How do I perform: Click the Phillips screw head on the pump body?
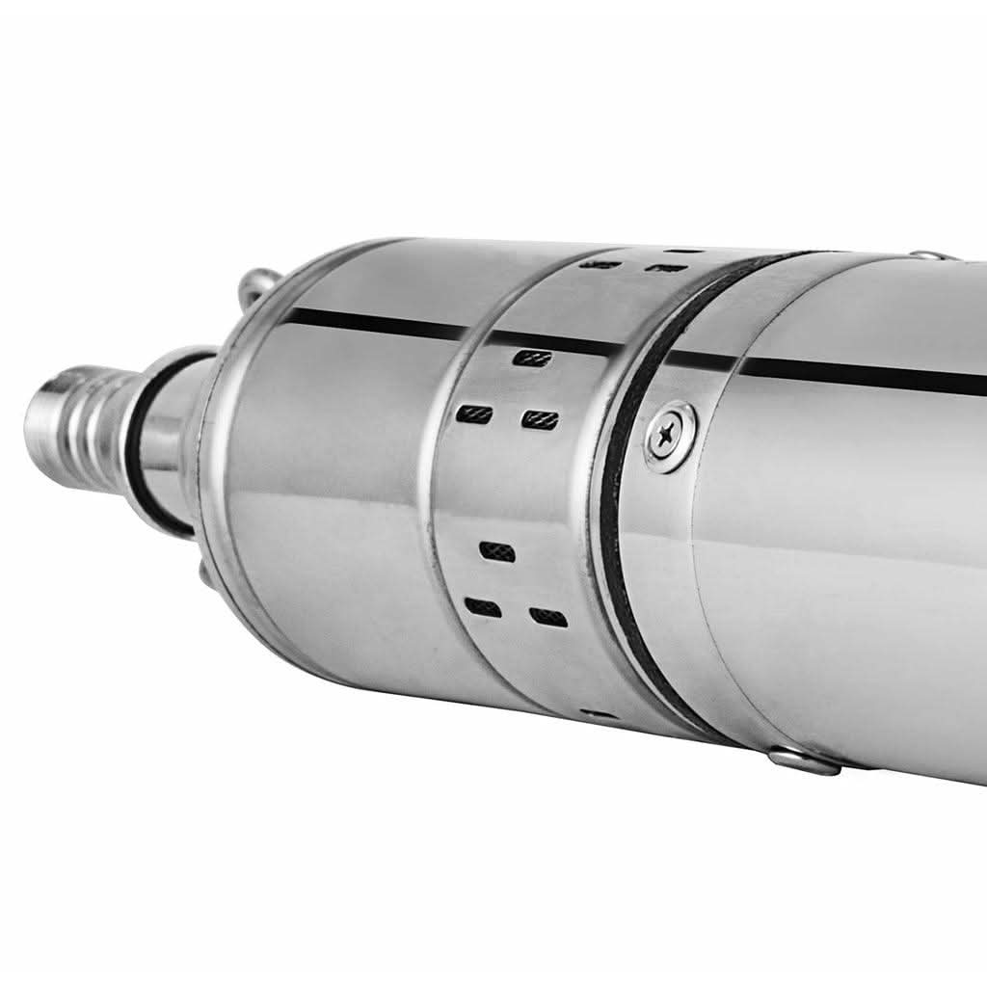(671, 436)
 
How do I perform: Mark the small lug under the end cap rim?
(204, 573)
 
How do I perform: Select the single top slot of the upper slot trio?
(532, 358)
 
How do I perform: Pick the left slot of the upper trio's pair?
(475, 414)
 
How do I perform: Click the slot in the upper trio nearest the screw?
(540, 420)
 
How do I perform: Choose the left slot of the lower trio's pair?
(482, 607)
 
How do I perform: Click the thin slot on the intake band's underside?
(598, 714)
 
